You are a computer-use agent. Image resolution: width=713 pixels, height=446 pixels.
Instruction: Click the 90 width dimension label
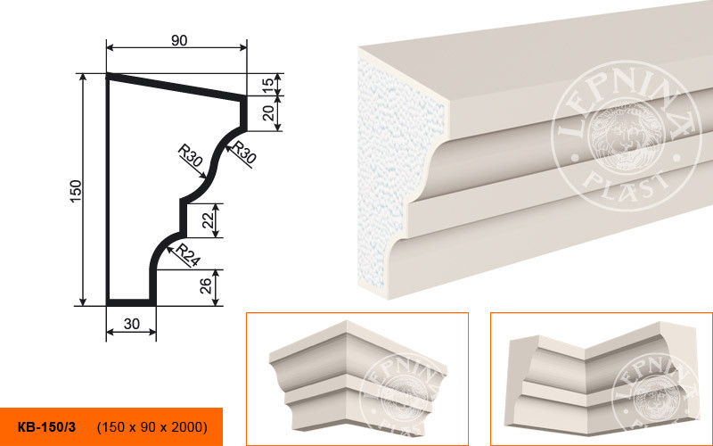[179, 40]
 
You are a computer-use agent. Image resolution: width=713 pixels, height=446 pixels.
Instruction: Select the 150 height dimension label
[76, 191]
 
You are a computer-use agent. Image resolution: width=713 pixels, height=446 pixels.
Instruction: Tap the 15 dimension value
[268, 83]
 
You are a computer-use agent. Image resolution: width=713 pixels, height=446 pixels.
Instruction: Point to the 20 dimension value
[269, 113]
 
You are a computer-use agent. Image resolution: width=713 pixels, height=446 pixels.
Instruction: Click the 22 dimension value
[208, 220]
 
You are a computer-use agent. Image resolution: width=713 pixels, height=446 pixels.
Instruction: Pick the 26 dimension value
[206, 285]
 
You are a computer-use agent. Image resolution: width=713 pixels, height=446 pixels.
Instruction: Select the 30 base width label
[131, 324]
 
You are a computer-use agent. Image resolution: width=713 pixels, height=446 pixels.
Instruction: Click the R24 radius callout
[188, 255]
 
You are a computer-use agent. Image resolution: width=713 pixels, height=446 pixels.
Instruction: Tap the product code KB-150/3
[47, 427]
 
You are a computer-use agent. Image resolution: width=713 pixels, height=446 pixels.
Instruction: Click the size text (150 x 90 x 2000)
[152, 427]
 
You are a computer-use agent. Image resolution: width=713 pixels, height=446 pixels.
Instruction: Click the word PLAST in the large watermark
[626, 186]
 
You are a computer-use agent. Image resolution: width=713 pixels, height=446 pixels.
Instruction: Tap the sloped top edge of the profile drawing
[176, 87]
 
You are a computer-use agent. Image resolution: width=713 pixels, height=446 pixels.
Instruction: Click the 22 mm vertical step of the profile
[183, 218]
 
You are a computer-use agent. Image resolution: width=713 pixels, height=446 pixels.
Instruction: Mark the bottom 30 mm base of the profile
[131, 302]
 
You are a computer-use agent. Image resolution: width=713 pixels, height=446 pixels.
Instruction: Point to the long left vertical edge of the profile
[108, 189]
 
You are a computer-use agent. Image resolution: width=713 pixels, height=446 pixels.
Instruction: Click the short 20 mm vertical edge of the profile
[243, 113]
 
